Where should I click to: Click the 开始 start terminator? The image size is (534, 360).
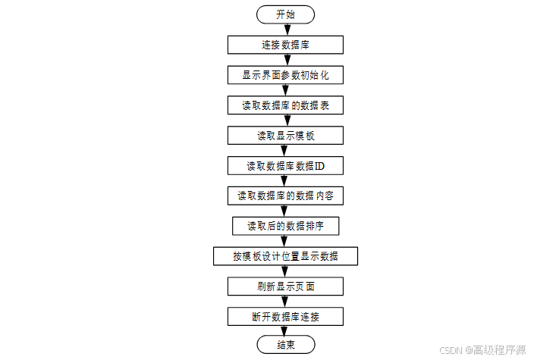point(285,14)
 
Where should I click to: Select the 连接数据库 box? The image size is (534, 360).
point(285,45)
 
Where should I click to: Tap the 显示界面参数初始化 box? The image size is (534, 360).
point(285,75)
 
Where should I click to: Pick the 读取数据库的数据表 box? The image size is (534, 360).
point(285,105)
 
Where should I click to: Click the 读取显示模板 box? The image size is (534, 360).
point(285,136)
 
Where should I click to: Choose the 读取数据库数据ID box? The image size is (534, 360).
point(285,166)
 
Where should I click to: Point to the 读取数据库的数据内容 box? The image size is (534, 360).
point(285,196)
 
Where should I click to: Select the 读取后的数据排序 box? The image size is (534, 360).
point(285,226)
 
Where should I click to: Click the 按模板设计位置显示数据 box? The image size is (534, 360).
point(285,256)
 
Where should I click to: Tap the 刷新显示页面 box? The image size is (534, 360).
point(285,286)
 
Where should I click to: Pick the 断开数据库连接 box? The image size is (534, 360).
point(285,317)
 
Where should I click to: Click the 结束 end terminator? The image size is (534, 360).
point(286,345)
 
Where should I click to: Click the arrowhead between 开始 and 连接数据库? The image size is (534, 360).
point(287,30)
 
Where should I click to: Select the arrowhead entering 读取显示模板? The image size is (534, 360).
point(287,121)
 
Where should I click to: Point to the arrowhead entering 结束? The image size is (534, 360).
point(284,331)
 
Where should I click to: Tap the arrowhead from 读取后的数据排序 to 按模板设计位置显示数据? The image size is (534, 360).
point(284,241)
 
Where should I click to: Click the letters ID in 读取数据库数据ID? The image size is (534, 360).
point(319,166)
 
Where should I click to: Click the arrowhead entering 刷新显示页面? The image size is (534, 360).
point(285,271)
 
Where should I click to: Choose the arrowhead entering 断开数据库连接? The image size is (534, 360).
point(285,302)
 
